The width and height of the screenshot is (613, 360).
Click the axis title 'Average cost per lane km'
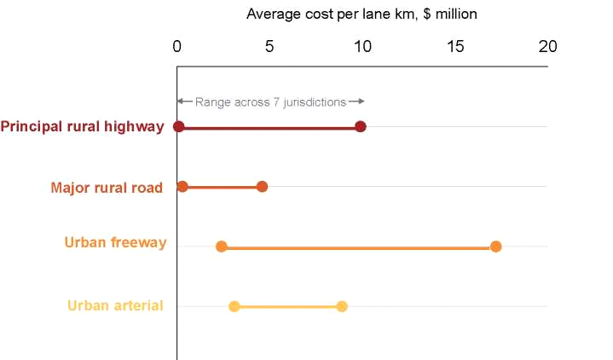pyautogui.click(x=361, y=15)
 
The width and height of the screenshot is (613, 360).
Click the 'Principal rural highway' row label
pyautogui.click(x=82, y=127)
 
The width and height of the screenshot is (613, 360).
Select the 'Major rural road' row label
pyautogui.click(x=107, y=188)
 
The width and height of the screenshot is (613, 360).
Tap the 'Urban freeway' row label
pyautogui.click(x=115, y=243)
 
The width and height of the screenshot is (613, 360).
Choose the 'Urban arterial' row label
pyautogui.click(x=115, y=305)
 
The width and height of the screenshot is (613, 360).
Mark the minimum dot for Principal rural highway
pyautogui.click(x=178, y=127)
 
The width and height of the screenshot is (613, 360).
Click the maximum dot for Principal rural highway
pyautogui.click(x=361, y=127)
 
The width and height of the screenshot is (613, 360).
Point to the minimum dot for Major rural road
pyautogui.click(x=182, y=187)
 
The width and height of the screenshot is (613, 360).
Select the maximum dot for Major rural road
pyautogui.click(x=262, y=187)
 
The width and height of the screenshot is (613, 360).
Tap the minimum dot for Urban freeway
pyautogui.click(x=222, y=247)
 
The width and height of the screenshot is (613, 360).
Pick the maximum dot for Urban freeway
pyautogui.click(x=496, y=247)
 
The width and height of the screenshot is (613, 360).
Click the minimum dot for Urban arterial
pyautogui.click(x=234, y=306)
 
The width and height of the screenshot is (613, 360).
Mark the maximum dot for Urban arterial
pyautogui.click(x=342, y=306)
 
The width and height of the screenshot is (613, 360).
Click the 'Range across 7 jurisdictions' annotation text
pyautogui.click(x=270, y=102)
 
